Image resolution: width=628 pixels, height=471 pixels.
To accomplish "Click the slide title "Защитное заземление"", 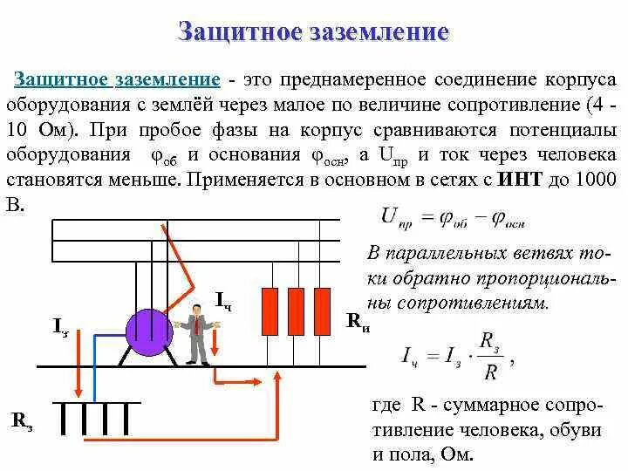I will (x=313, y=33).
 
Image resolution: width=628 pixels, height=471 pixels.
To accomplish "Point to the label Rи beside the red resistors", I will (x=358, y=322).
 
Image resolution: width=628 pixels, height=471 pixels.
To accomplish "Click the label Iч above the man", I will (x=223, y=301).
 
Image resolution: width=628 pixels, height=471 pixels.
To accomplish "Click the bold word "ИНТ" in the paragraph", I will (x=522, y=181).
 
